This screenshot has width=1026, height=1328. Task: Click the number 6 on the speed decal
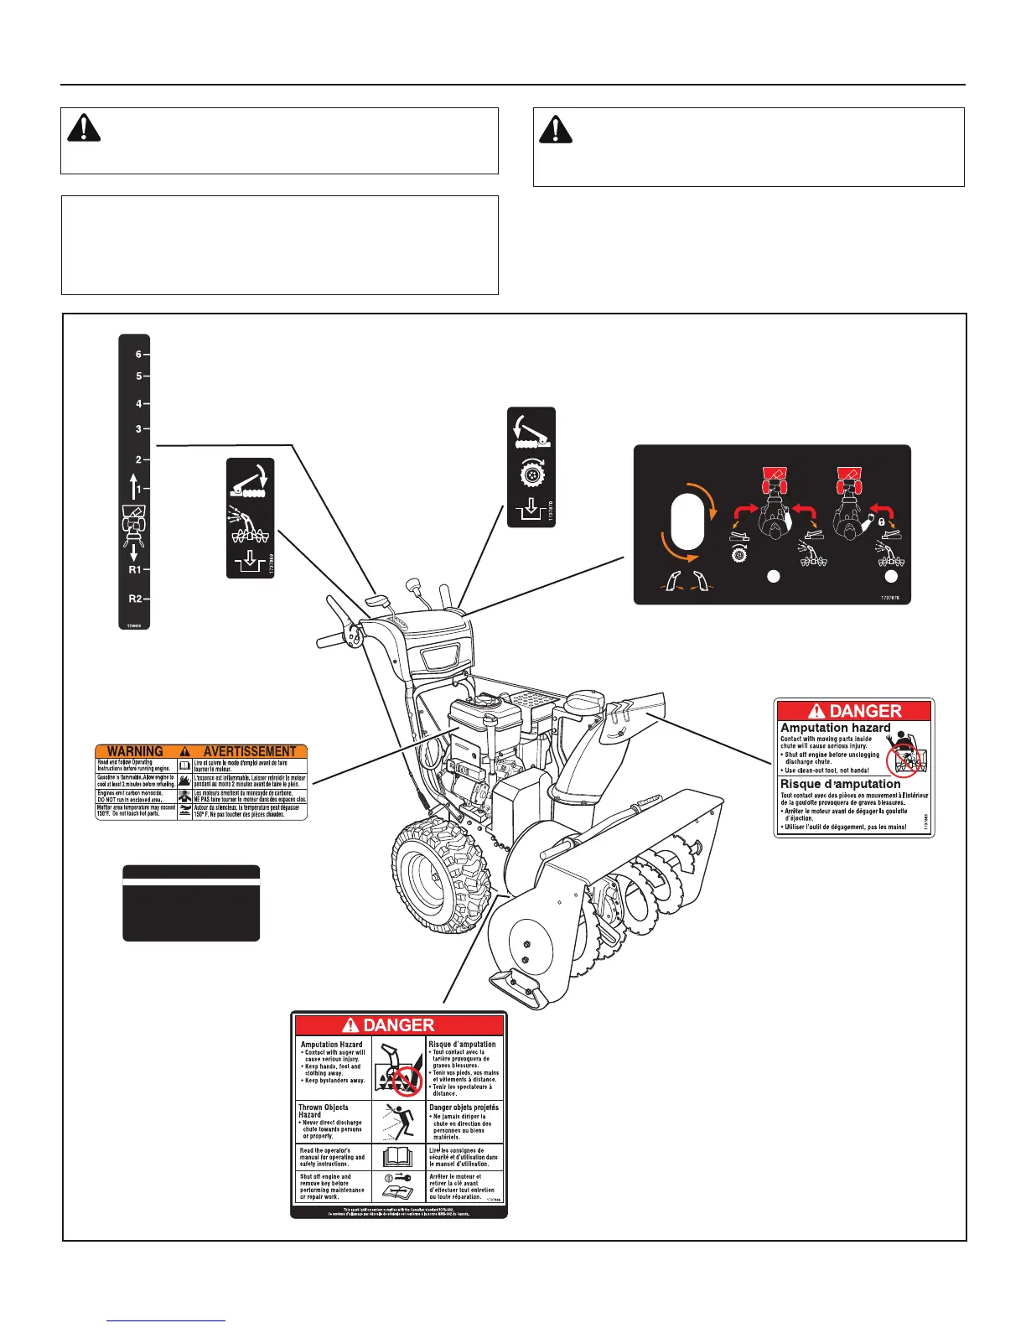point(138,355)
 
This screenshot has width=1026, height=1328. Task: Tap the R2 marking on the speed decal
point(135,599)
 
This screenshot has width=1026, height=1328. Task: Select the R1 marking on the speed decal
point(135,570)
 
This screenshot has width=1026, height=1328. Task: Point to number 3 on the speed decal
point(138,429)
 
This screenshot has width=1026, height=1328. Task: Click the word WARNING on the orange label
point(135,751)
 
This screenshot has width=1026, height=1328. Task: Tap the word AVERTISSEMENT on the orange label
point(250,751)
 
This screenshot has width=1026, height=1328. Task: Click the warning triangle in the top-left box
point(84,127)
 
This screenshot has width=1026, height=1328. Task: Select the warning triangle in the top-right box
point(555,128)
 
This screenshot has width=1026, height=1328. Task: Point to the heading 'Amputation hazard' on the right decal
point(835,728)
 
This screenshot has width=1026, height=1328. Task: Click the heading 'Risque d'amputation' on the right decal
point(840,784)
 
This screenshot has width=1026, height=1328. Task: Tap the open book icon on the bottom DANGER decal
point(398,1157)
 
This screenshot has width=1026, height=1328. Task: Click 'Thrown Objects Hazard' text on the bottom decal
point(324,1111)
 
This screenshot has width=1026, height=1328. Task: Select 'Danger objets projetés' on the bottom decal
point(464,1108)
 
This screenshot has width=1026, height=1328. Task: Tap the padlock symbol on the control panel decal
point(882,521)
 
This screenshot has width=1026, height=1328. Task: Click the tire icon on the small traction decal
point(531,474)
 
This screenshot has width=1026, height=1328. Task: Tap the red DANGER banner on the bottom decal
point(399,1025)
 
